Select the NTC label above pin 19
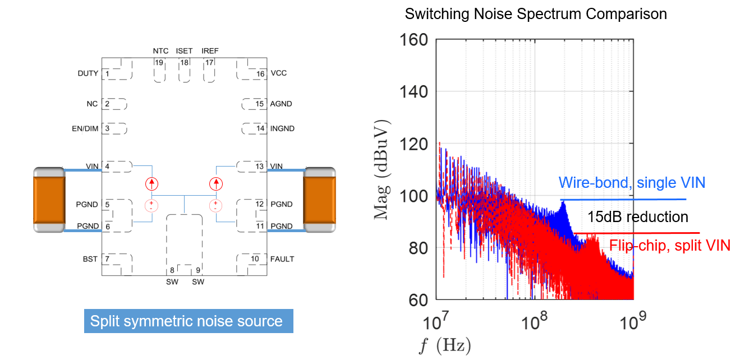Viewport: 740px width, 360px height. click(x=160, y=51)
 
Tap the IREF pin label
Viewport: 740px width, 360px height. click(x=210, y=51)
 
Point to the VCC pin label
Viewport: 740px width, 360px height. click(x=279, y=73)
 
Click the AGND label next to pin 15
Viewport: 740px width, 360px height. click(x=281, y=104)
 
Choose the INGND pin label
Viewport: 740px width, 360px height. click(x=282, y=128)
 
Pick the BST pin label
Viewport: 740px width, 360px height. click(x=90, y=259)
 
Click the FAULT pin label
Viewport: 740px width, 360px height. click(x=282, y=259)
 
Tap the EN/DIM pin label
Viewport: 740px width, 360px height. click(x=85, y=128)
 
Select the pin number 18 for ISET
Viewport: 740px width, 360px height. click(x=184, y=62)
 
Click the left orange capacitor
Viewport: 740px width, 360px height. click(x=49, y=199)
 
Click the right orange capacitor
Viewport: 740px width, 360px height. click(x=319, y=199)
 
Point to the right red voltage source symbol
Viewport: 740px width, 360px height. click(x=215, y=205)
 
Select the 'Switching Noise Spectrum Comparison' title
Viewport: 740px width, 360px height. click(x=536, y=14)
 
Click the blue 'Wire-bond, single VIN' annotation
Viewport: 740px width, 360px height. click(x=632, y=182)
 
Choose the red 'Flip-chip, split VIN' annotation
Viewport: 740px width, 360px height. click(x=669, y=245)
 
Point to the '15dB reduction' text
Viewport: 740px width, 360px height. click(x=638, y=217)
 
